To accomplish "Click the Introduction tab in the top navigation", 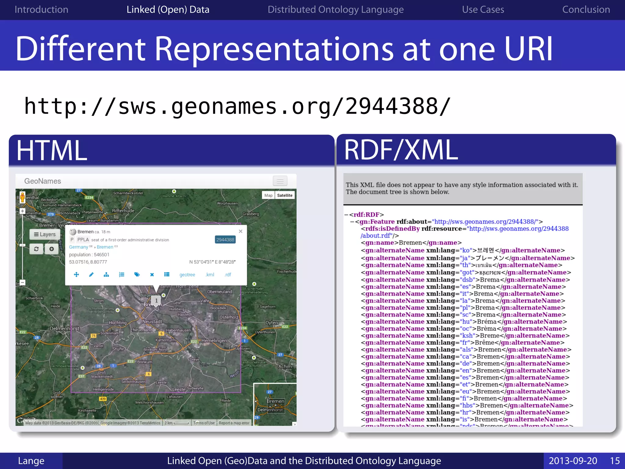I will coord(41,9).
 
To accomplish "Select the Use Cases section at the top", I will coord(483,9).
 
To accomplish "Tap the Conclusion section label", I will coord(586,9).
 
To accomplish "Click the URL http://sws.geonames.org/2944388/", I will coord(237,106).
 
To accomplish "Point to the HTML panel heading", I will coord(52,150).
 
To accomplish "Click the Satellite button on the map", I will coord(284,195).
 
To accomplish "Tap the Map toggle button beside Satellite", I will coord(268,195).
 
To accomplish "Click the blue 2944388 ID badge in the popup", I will coord(225,240).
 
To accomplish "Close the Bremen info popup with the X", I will coord(240,231).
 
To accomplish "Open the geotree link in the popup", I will coord(187,275).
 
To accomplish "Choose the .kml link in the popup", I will coord(210,275).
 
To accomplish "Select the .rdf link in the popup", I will coord(228,275).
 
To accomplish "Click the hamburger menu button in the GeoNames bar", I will coord(280,181).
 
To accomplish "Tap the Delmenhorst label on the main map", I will coord(64,329).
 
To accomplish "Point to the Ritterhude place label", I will coord(123,211).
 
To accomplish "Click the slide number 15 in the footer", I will coord(615,461).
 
